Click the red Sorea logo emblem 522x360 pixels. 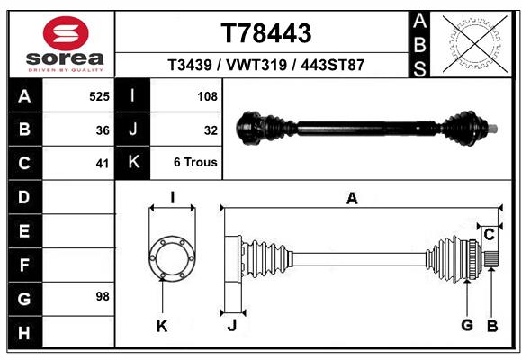pos(66,33)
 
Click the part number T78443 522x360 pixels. pos(266,33)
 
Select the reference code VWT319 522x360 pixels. pos(256,65)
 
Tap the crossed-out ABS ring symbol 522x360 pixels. pos(475,44)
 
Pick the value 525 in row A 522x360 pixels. pos(99,96)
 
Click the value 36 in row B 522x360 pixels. pos(103,130)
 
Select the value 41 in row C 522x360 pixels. pos(103,164)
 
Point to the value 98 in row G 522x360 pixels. pos(103,296)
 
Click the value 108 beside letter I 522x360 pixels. pos(207,96)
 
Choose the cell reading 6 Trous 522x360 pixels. pos(195,162)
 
